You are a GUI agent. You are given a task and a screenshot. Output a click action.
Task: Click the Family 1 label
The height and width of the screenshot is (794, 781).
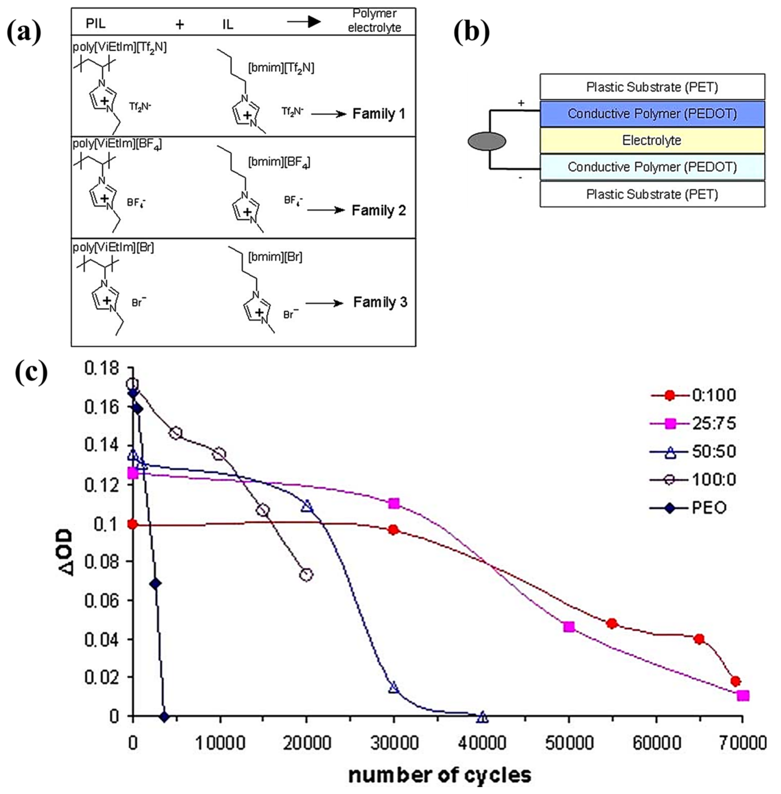tap(379, 114)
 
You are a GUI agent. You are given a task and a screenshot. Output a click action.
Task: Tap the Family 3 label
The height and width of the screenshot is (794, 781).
tap(380, 303)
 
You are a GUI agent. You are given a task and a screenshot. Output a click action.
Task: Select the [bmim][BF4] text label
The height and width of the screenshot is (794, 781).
tap(279, 163)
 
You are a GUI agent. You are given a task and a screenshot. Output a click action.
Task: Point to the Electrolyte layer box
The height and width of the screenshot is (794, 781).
tap(652, 140)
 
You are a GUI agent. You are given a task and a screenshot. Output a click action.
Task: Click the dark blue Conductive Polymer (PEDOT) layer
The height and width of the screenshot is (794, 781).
tap(652, 114)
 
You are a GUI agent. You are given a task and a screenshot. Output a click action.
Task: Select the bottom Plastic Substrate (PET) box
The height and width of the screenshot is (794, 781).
tap(652, 194)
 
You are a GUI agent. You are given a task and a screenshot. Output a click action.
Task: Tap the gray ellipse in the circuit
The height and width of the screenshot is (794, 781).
tap(487, 141)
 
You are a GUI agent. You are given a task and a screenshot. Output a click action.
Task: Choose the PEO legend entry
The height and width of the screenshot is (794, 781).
tap(709, 508)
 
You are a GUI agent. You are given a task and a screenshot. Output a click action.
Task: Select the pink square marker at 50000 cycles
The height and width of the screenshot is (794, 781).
tap(569, 627)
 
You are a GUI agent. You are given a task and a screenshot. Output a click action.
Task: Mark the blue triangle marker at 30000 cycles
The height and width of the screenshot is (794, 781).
tap(394, 687)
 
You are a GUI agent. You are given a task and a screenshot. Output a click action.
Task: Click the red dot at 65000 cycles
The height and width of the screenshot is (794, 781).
tap(699, 639)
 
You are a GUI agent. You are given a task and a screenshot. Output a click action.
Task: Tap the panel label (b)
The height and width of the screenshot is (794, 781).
tap(472, 31)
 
